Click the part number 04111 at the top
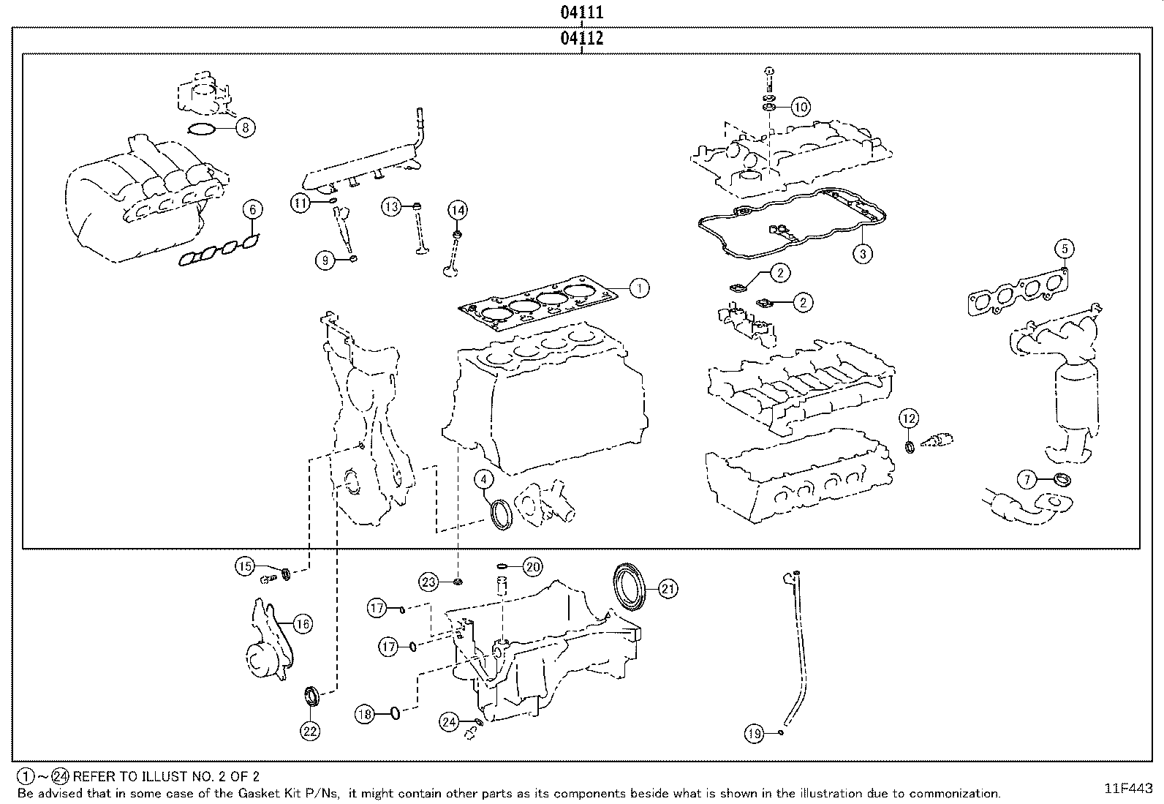coord(581,12)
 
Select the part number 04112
coord(581,38)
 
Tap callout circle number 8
coord(246,128)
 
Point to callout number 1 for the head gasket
coord(638,288)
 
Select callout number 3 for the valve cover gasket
coord(863,254)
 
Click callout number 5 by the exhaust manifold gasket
coord(1065,249)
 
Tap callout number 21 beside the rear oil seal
coord(668,588)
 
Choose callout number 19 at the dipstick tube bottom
coord(755,732)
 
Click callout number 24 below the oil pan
coord(449,722)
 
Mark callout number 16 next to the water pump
coord(302,623)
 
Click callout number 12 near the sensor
coord(908,419)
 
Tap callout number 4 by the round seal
coord(484,479)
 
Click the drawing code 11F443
coord(1128,789)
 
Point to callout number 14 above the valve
coord(457,210)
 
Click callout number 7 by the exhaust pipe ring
coord(1028,480)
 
